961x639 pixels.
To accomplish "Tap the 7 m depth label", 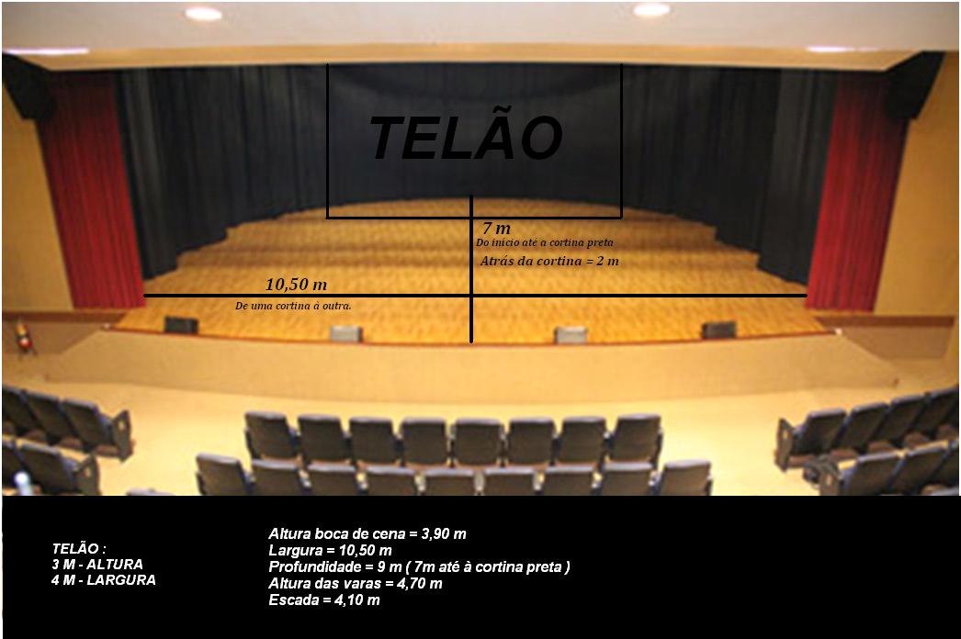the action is pyautogui.click(x=496, y=229).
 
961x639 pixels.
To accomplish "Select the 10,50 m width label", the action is pyautogui.click(x=296, y=285).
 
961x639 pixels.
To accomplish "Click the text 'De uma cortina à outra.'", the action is pyautogui.click(x=293, y=306).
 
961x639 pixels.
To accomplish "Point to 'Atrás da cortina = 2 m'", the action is pyautogui.click(x=549, y=261).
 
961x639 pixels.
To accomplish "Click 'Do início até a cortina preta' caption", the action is pyautogui.click(x=544, y=242).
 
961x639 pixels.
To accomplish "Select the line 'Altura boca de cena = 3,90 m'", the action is pyautogui.click(x=367, y=533).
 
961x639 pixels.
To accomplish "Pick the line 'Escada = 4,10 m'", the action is pyautogui.click(x=324, y=600).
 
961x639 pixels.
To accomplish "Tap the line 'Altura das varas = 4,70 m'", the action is pyautogui.click(x=356, y=583).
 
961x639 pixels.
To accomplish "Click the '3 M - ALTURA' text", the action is pyautogui.click(x=97, y=565).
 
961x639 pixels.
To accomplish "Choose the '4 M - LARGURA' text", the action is pyautogui.click(x=104, y=579).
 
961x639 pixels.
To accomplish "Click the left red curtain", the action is pyautogui.click(x=92, y=190).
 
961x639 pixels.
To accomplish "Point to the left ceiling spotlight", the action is pyautogui.click(x=203, y=14).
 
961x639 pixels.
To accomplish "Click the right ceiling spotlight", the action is pyautogui.click(x=651, y=10).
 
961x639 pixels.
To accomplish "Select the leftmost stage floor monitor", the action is pyautogui.click(x=181, y=325).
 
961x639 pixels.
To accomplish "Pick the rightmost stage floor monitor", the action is pyautogui.click(x=718, y=331).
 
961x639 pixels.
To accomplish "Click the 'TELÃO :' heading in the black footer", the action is pyautogui.click(x=79, y=548).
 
